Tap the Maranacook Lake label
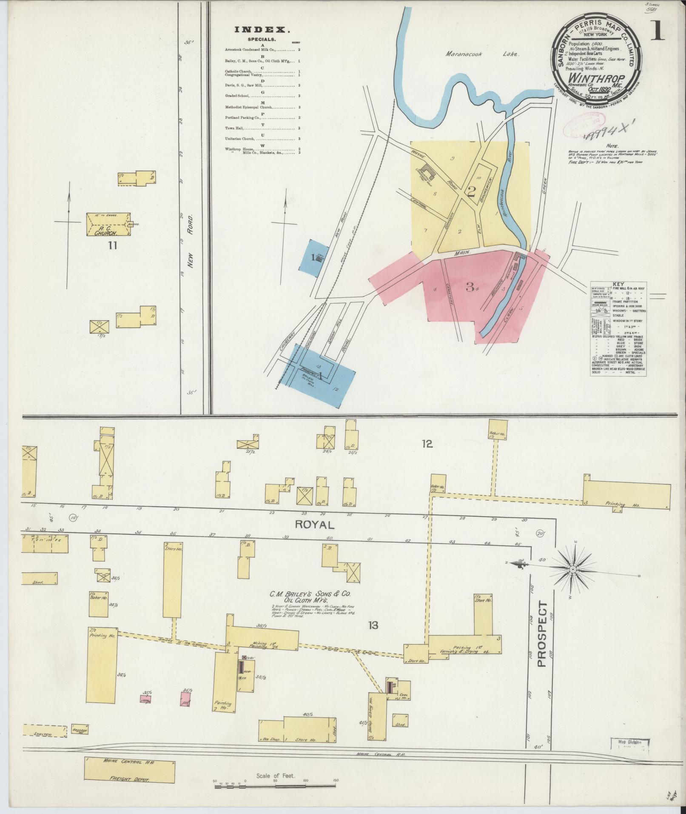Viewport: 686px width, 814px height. [x=482, y=54]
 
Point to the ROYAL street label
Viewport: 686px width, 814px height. [x=315, y=524]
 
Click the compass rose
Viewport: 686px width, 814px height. [x=573, y=569]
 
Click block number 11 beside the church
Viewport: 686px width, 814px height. [x=112, y=245]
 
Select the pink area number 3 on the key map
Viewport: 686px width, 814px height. [x=470, y=288]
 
